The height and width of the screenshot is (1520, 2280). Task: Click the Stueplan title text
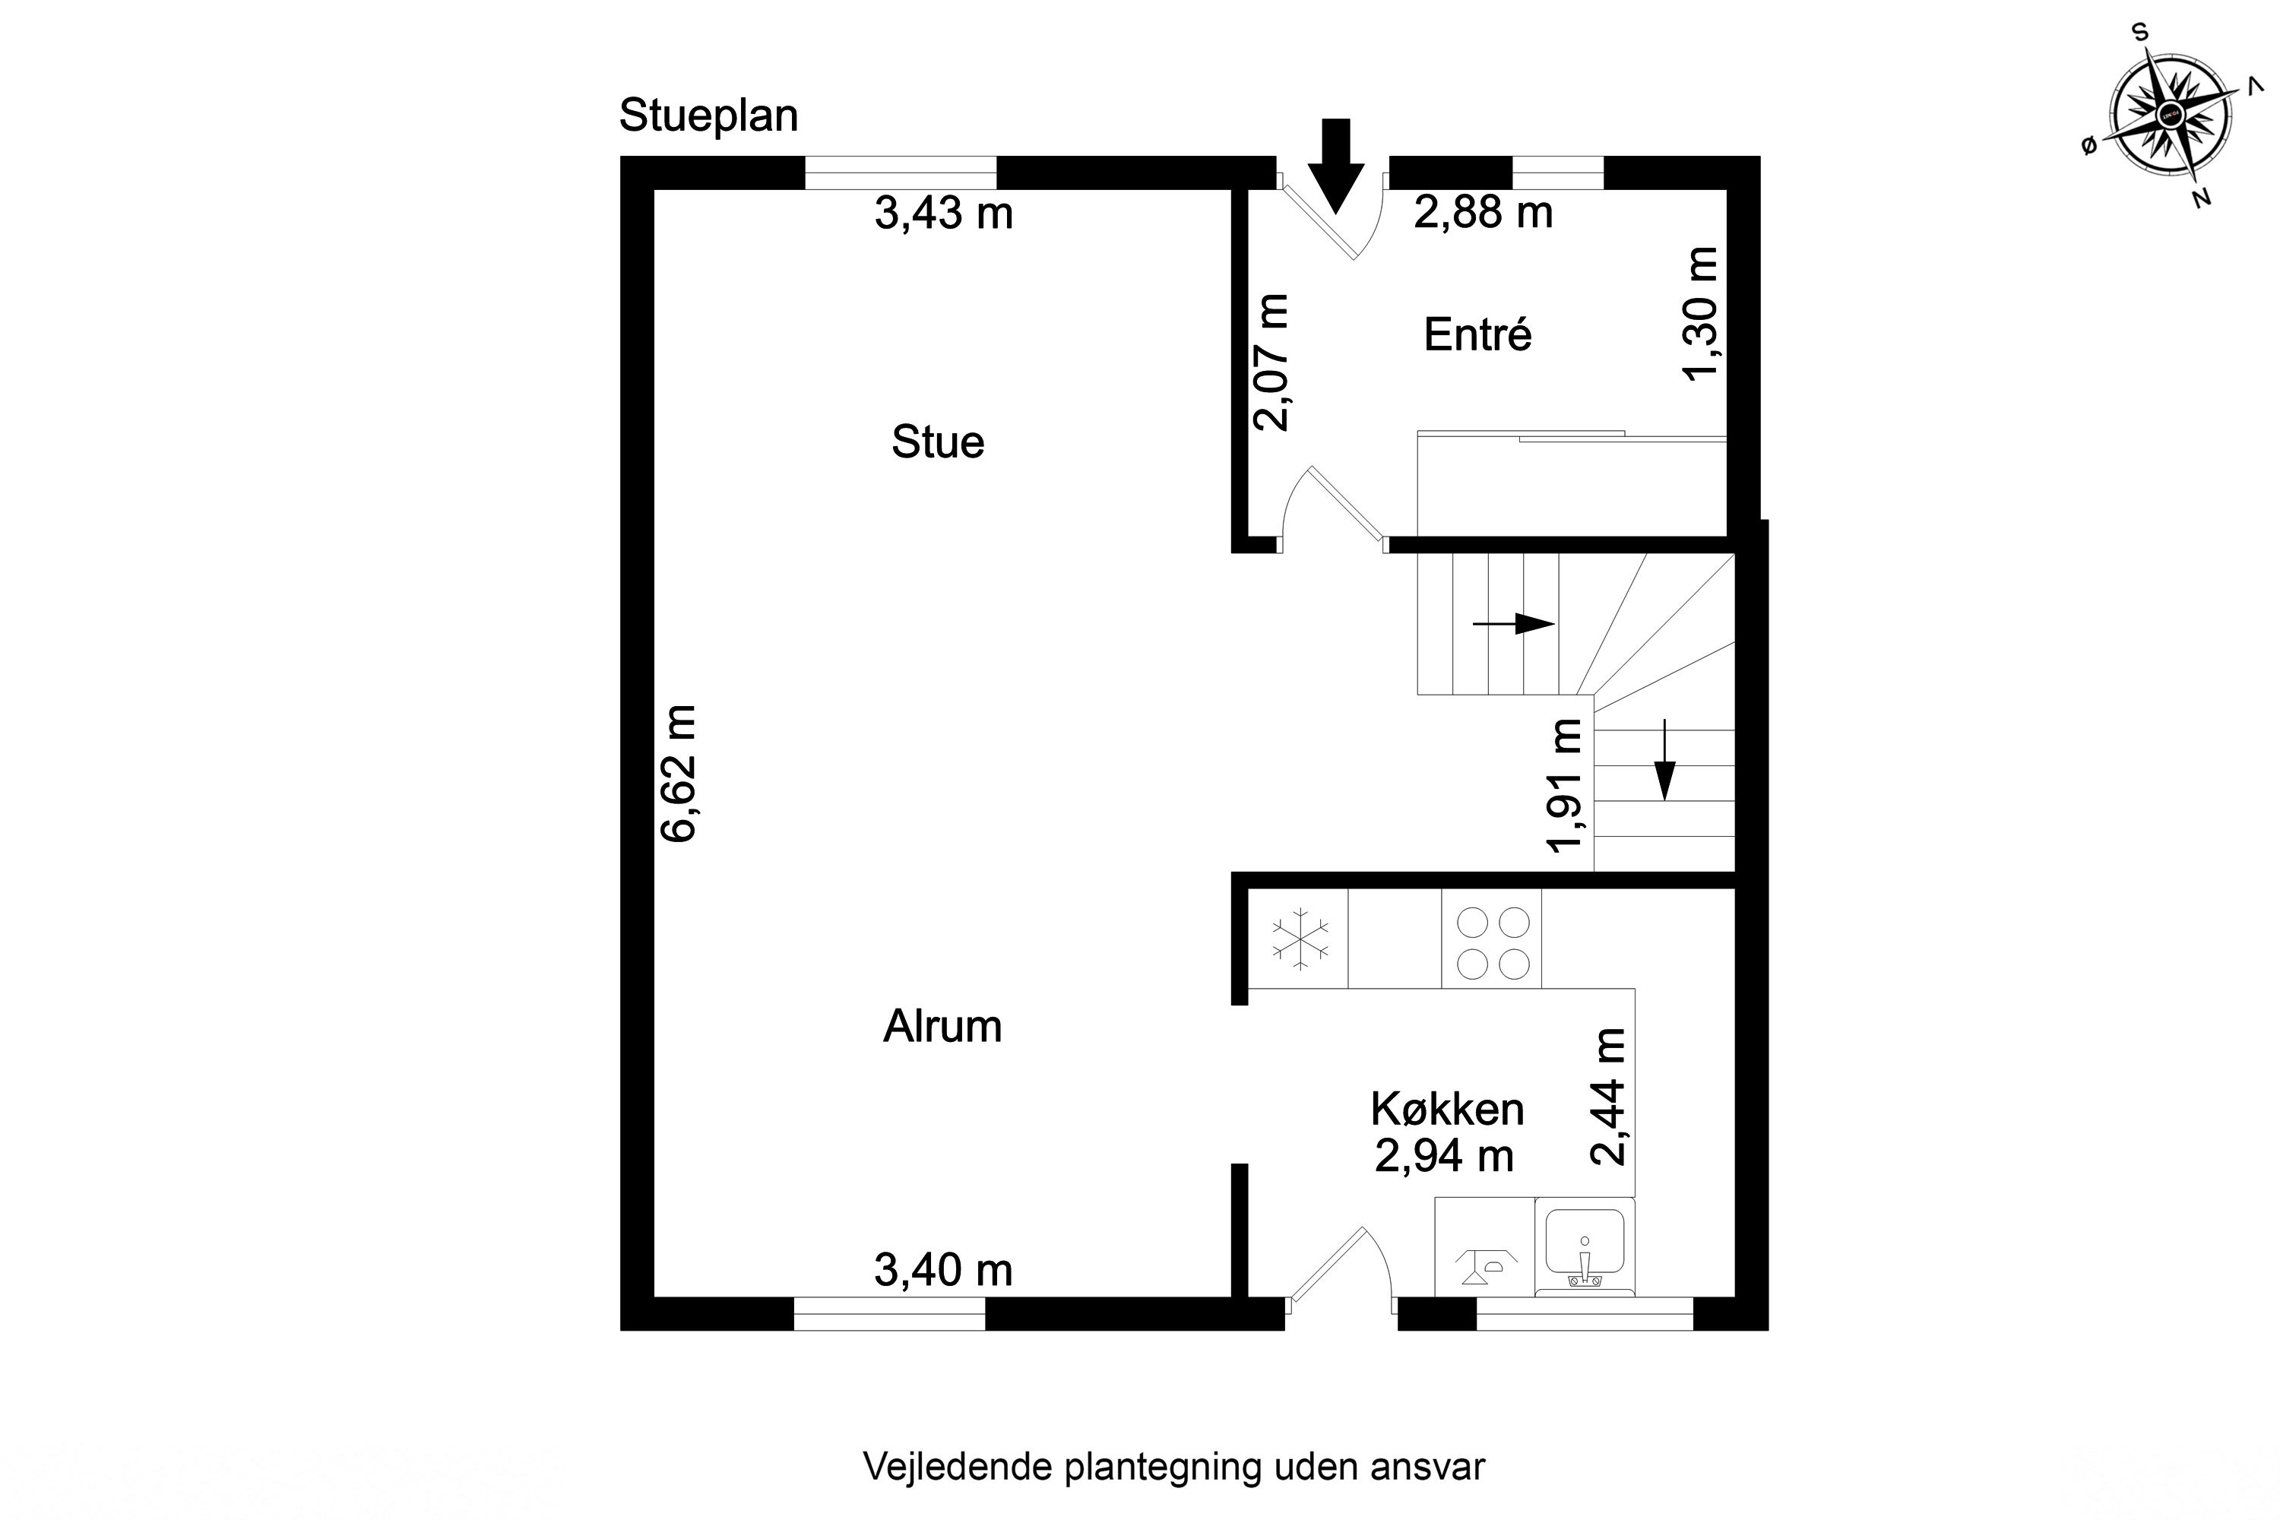(x=708, y=116)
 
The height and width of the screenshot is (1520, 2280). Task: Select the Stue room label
(x=937, y=443)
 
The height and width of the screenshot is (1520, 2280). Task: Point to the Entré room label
(x=1477, y=335)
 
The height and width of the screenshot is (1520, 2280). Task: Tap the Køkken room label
(x=1447, y=1110)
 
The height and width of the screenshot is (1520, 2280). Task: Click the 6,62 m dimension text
(x=679, y=774)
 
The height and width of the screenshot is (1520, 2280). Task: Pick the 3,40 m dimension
(x=943, y=1271)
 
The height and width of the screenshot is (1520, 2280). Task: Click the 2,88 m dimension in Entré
(x=1484, y=212)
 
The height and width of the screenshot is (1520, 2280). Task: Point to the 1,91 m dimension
(x=1566, y=785)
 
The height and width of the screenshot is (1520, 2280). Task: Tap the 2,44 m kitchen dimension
(x=1608, y=1097)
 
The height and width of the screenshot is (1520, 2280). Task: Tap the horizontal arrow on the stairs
(x=1513, y=624)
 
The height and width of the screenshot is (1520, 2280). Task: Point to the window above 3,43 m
(x=901, y=173)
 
